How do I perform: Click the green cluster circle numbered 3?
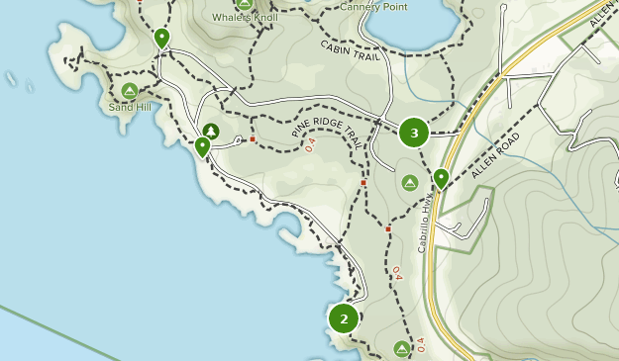click(x=414, y=133)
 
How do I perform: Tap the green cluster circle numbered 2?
click(x=344, y=318)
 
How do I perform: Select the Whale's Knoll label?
click(x=245, y=18)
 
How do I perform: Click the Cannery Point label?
click(x=373, y=6)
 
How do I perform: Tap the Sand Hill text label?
click(x=129, y=107)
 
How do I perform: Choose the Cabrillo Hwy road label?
click(x=427, y=226)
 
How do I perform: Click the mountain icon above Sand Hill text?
click(x=129, y=91)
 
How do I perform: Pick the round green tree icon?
click(x=210, y=131)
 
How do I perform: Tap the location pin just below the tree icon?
click(x=203, y=147)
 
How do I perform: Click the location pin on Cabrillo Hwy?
click(x=441, y=178)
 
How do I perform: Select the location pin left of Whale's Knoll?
click(x=161, y=38)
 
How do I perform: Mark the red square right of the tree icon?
click(x=253, y=139)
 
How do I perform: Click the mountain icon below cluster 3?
click(x=410, y=183)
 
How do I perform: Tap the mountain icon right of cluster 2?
click(x=401, y=348)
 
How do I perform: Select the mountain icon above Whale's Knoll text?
click(x=244, y=3)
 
